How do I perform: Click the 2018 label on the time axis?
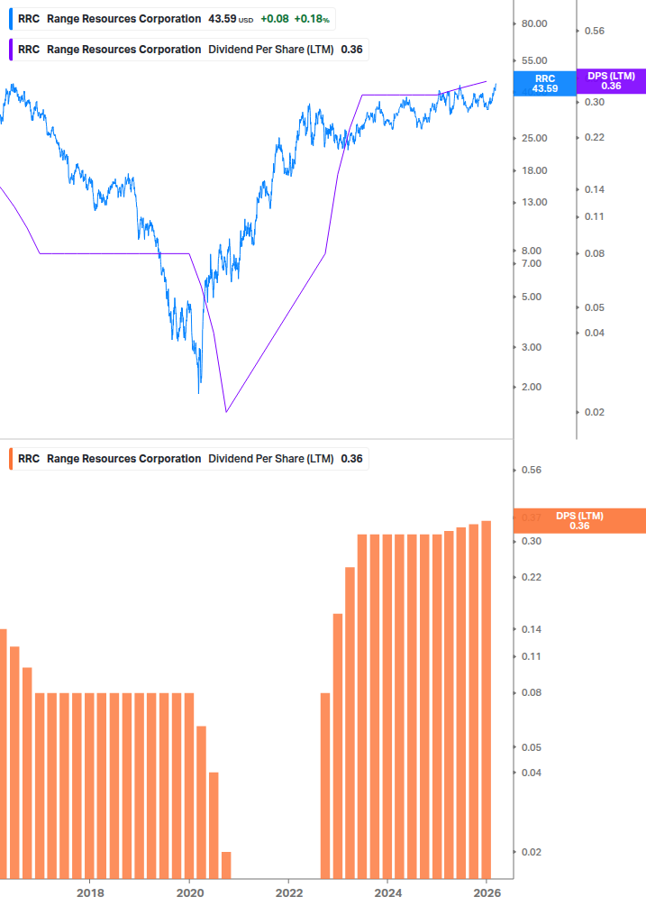(x=90, y=892)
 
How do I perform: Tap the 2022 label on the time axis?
(x=288, y=892)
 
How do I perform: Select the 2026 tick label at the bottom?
(x=487, y=892)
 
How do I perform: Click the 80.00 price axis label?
(x=535, y=24)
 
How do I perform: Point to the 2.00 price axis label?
(x=532, y=387)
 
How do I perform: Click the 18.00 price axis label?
(x=534, y=170)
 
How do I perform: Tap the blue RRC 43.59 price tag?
(x=544, y=84)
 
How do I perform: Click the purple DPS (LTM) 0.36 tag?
(x=611, y=81)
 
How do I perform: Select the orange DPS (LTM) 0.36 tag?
(x=579, y=520)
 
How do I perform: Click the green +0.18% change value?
(x=313, y=19)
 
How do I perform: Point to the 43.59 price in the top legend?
(x=223, y=19)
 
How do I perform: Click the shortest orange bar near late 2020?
(x=226, y=865)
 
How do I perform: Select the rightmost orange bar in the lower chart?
(x=486, y=699)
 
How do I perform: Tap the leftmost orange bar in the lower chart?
(x=3, y=753)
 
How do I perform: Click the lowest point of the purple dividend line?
(x=226, y=412)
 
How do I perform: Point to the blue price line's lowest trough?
(x=199, y=392)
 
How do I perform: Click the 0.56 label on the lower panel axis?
(x=531, y=471)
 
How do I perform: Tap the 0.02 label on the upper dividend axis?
(x=595, y=412)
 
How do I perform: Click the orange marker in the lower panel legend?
(x=10, y=459)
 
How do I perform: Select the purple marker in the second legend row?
(x=10, y=50)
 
